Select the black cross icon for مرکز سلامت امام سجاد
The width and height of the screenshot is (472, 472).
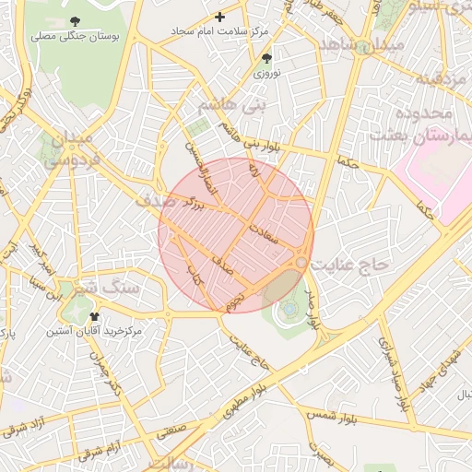point(219,17)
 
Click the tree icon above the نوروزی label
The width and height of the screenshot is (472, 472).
point(267,57)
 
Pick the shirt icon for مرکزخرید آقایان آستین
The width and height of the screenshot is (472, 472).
point(95,316)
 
